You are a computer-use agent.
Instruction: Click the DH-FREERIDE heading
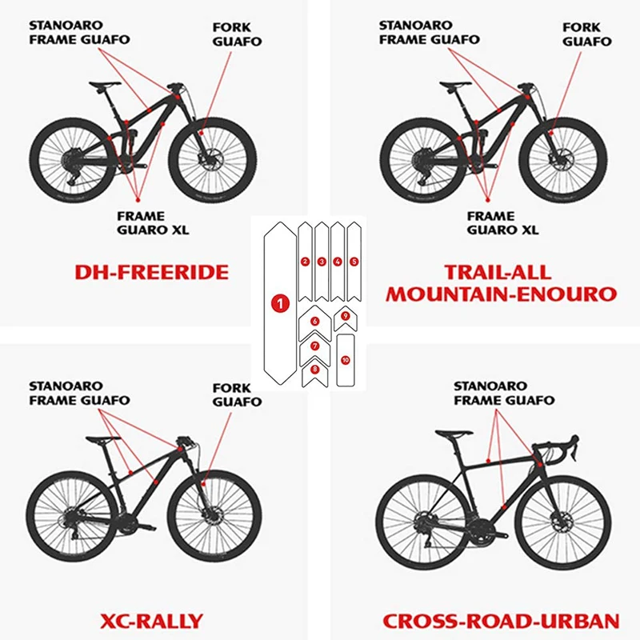[x=151, y=272]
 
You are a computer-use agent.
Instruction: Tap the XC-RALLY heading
[x=151, y=622]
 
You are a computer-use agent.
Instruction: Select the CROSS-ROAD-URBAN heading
[x=502, y=622]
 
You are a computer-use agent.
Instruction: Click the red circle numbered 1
[x=280, y=303]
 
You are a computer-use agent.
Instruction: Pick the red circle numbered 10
[x=346, y=360]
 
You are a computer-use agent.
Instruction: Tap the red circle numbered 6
[x=314, y=322]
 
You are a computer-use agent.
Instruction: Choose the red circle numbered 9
[x=346, y=315]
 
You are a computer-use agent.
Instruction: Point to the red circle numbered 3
[x=322, y=262]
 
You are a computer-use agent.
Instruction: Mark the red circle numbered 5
[x=354, y=262]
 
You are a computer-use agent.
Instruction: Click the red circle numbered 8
[x=314, y=370]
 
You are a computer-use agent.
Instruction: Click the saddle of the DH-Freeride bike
[x=105, y=85]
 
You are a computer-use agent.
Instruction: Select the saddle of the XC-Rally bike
[x=103, y=439]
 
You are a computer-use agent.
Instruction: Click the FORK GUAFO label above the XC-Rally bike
[x=237, y=394]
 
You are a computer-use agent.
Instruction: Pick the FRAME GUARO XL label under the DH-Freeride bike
[x=153, y=223]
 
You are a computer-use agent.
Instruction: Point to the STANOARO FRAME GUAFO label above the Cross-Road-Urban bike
[x=504, y=393]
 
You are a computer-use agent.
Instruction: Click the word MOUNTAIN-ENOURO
[x=502, y=294]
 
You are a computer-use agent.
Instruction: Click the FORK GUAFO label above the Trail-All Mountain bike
[x=587, y=34]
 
